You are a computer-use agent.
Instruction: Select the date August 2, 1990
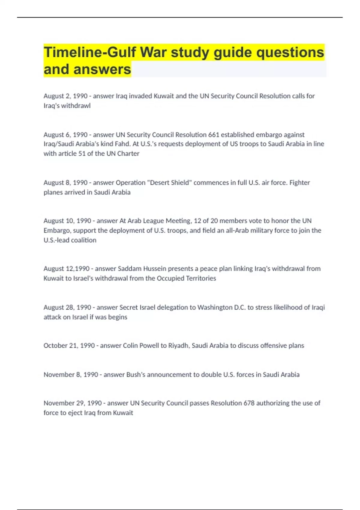pyautogui.click(x=65, y=96)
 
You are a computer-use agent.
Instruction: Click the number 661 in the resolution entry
pyautogui.click(x=214, y=135)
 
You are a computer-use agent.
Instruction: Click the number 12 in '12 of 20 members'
pyautogui.click(x=197, y=221)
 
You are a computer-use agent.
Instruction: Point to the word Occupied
pyautogui.click(x=169, y=278)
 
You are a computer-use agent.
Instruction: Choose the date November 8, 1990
pyautogui.click(x=71, y=375)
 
